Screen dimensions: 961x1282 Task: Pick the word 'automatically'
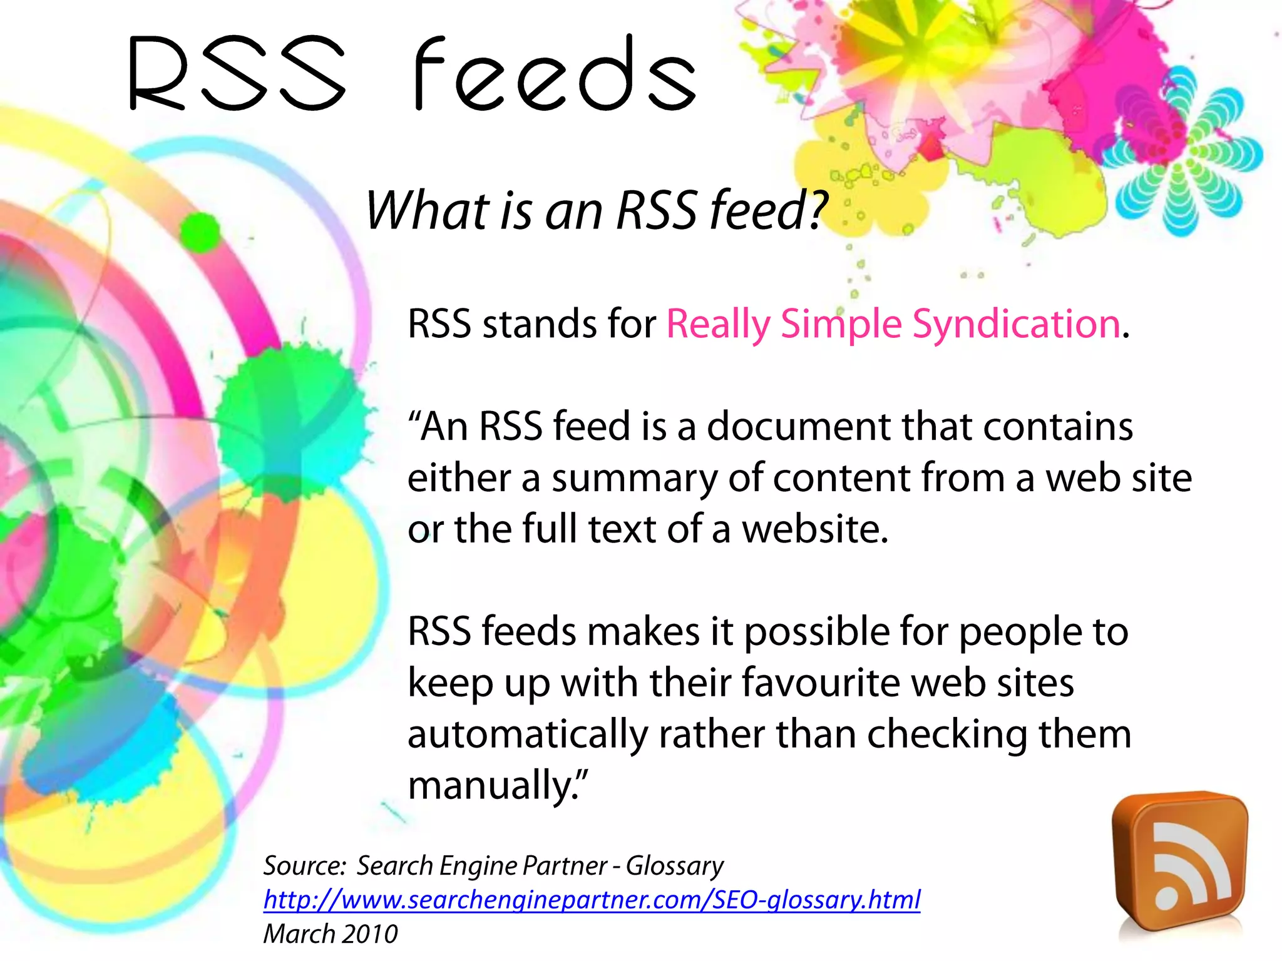[527, 735]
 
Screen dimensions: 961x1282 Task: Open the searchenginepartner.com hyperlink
[592, 900]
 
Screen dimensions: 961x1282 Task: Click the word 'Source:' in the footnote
[304, 866]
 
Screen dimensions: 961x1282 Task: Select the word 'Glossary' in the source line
[675, 866]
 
